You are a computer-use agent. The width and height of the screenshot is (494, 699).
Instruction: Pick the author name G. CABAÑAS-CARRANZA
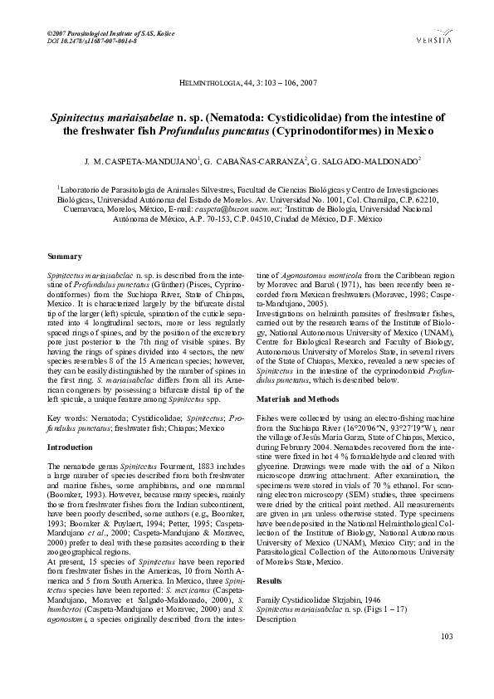[253, 159]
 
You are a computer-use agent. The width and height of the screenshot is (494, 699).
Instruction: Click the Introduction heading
[70, 447]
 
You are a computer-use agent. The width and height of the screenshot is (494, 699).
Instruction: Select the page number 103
[446, 659]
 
